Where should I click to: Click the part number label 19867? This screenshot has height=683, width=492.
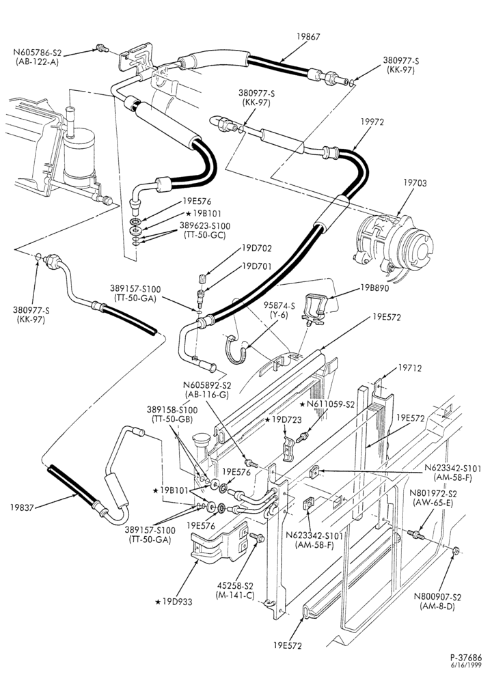coord(309,37)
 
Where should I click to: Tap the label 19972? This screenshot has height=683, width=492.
coord(372,122)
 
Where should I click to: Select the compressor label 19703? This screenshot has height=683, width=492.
coord(415,183)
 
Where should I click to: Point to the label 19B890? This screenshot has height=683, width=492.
coord(374,288)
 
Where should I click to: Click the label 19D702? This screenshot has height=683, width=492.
coord(257,249)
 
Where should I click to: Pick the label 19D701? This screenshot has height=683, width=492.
coord(257,266)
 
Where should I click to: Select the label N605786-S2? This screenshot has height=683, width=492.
coord(38,53)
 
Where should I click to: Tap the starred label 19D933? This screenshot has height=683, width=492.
coord(174,602)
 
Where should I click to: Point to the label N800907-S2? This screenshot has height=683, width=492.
coord(437,597)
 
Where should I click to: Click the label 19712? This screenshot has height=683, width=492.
coord(410,369)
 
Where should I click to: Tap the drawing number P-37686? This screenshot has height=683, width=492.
coord(466,658)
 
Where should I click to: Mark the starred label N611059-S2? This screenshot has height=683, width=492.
coord(327,404)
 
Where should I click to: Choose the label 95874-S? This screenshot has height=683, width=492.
coord(279,306)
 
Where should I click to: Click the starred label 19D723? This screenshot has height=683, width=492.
coord(284,419)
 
